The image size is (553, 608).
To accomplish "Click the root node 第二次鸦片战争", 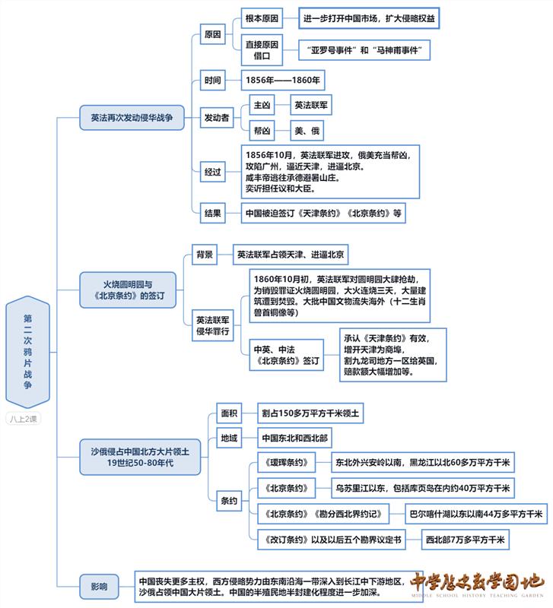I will pyautogui.click(x=27, y=352).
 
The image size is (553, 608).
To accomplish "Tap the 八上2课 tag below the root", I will pyautogui.click(x=27, y=418).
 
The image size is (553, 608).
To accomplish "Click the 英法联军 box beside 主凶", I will pyautogui.click(x=312, y=105).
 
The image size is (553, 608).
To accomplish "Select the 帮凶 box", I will pyautogui.click(x=262, y=131).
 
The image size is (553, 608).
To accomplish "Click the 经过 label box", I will pyautogui.click(x=213, y=172).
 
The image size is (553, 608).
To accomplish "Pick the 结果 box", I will pyautogui.click(x=213, y=213).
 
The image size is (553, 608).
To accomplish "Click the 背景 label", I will pyautogui.click(x=205, y=255).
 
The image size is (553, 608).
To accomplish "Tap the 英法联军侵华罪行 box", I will pyautogui.click(x=213, y=326).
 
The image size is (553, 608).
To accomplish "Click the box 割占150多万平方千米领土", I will pyautogui.click(x=310, y=413).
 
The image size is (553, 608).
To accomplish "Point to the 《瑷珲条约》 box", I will pyautogui.click(x=286, y=462).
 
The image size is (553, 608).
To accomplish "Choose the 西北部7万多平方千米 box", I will pyautogui.click(x=466, y=540).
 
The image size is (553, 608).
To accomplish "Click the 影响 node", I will pyautogui.click(x=99, y=586).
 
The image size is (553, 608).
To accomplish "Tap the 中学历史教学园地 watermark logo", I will pyautogui.click(x=478, y=584).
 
